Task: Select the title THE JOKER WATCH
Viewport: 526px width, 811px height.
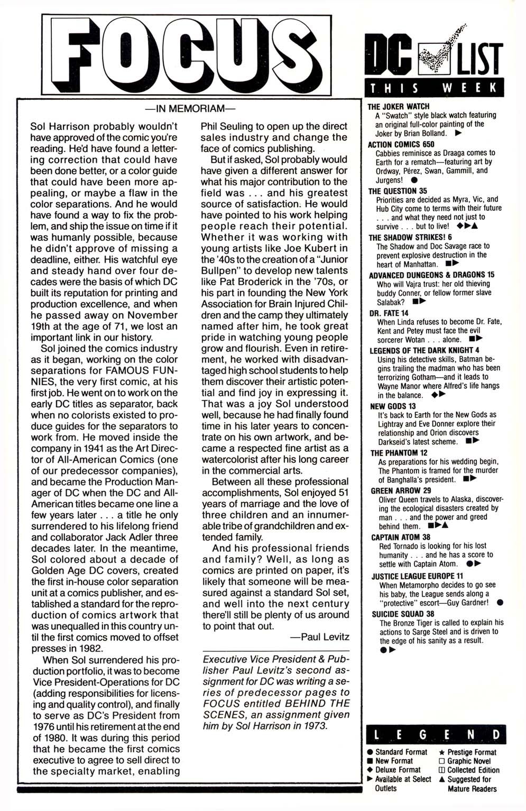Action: click(x=399, y=106)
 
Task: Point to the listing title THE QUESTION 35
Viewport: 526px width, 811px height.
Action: click(x=398, y=191)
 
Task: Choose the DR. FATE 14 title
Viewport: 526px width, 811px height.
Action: click(x=389, y=313)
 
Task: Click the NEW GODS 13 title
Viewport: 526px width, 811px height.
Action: click(x=393, y=406)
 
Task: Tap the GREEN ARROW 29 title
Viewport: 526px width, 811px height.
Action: click(x=396, y=490)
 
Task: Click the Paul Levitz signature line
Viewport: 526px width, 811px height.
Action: click(x=319, y=637)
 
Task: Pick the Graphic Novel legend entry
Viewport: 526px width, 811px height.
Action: click(x=465, y=761)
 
